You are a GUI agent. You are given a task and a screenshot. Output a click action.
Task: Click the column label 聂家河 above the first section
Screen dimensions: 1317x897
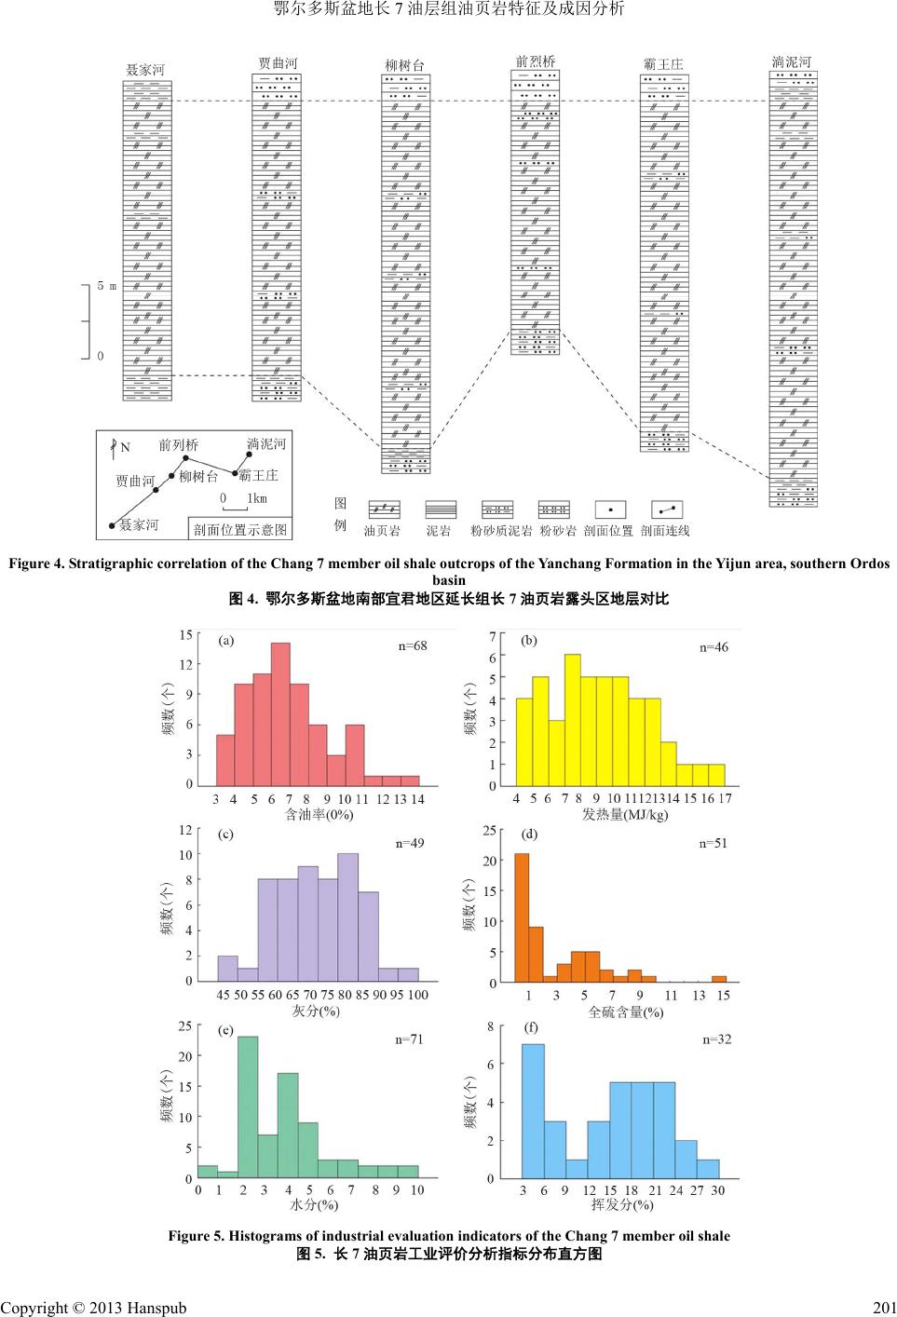point(145,70)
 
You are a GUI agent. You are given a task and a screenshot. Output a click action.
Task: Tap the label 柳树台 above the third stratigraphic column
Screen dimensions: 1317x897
point(405,65)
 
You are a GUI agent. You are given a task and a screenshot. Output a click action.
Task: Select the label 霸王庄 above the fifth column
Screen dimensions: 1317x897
point(663,64)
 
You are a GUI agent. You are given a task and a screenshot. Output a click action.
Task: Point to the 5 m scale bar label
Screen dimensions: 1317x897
point(107,286)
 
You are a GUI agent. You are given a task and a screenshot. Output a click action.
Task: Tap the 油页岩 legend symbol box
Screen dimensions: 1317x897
point(384,509)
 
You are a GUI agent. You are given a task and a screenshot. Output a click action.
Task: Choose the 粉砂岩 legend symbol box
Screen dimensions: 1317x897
point(554,509)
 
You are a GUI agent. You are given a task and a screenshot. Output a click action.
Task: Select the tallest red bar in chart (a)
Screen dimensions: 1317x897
point(280,714)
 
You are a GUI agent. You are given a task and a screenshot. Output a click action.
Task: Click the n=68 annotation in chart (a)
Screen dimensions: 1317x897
point(412,645)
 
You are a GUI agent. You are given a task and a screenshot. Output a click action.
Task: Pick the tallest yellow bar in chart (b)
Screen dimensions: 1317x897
point(572,720)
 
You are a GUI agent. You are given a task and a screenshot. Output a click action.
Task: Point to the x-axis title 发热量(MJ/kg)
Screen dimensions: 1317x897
point(625,814)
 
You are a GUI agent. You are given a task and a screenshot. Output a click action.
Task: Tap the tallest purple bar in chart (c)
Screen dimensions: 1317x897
point(347,916)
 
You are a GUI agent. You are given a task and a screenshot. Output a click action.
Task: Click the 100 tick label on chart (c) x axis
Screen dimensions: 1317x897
point(417,995)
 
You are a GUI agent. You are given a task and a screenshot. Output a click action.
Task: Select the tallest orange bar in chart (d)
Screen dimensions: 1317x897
point(522,917)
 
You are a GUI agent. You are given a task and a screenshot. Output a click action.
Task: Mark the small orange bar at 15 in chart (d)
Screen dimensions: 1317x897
point(719,979)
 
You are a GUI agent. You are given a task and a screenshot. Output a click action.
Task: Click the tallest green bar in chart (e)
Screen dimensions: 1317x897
point(247,1107)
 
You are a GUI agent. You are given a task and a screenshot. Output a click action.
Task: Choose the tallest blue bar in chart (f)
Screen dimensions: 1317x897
point(533,1111)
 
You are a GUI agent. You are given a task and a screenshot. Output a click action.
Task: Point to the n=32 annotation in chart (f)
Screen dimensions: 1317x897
point(716,1039)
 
